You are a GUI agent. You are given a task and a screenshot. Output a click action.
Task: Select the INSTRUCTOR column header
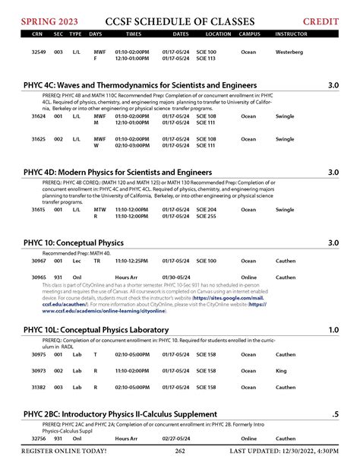click(x=291, y=34)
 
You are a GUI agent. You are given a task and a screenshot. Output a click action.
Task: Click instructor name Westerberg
click(x=289, y=52)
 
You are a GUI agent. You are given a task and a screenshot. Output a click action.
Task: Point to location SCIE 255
click(x=206, y=216)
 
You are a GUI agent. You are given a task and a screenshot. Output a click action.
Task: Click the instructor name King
click(x=281, y=370)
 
